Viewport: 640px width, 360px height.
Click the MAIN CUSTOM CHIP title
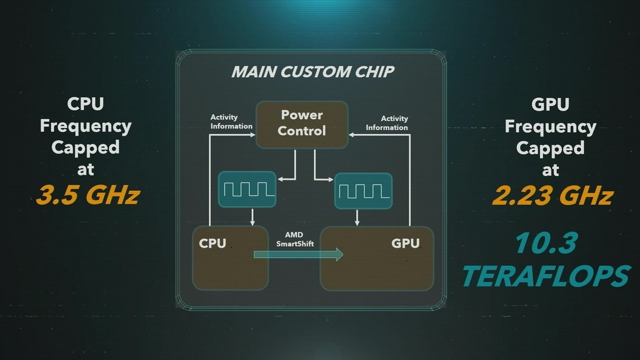click(x=313, y=72)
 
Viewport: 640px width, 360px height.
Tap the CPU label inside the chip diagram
click(x=212, y=244)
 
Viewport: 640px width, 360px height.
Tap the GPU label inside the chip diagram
click(x=405, y=244)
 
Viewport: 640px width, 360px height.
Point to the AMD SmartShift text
click(x=295, y=239)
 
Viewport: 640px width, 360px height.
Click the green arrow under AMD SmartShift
click(x=298, y=254)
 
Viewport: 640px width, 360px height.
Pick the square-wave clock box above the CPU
click(x=247, y=189)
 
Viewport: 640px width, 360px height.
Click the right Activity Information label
click(x=387, y=123)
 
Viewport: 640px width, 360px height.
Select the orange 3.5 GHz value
click(x=88, y=195)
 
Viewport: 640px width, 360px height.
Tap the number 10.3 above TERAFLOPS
click(x=546, y=244)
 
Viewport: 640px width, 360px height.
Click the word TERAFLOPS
click(x=546, y=276)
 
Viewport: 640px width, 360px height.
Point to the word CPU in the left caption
click(x=85, y=104)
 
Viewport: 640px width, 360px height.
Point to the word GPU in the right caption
click(x=550, y=105)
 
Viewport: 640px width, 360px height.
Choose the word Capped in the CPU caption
click(x=85, y=147)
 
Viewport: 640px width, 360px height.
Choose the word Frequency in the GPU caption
click(x=550, y=126)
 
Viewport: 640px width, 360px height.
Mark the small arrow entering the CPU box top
click(x=252, y=220)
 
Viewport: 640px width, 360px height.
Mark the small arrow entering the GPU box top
click(x=356, y=220)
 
